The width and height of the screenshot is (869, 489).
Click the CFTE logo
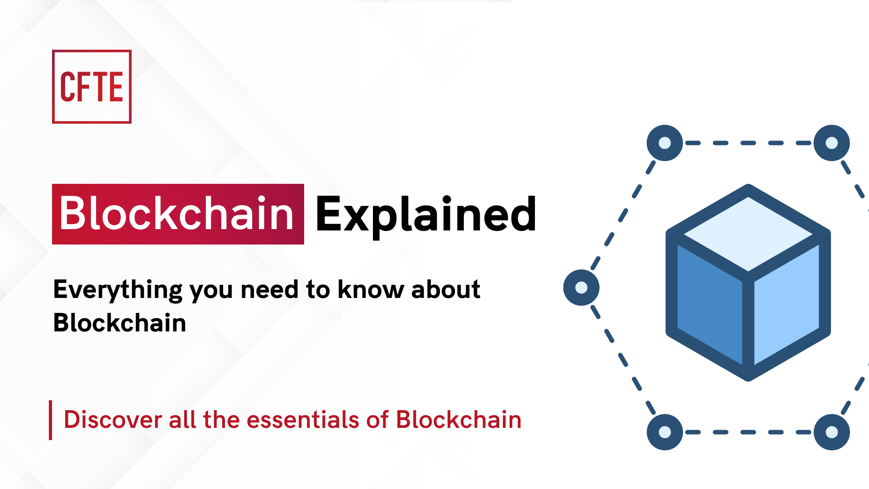click(x=92, y=86)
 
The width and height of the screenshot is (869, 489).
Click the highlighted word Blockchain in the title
click(x=177, y=214)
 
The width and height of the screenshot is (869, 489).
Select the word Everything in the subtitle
click(x=118, y=290)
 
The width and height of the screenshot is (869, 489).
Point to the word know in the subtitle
click(x=371, y=289)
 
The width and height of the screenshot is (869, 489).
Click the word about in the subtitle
click(x=445, y=289)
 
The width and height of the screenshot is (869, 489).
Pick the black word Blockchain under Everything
click(x=119, y=323)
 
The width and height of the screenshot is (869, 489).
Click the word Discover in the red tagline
click(x=113, y=419)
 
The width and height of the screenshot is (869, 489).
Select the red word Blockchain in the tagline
click(x=458, y=419)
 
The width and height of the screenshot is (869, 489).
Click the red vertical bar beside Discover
click(x=50, y=420)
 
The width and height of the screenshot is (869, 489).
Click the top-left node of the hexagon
click(x=665, y=143)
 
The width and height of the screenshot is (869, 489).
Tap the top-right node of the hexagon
click(x=832, y=143)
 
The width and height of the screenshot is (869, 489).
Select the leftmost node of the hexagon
click(x=582, y=288)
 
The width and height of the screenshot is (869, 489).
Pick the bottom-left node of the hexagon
click(x=665, y=432)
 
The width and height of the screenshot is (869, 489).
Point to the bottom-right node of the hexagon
click(x=832, y=432)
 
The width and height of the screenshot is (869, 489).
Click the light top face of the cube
click(x=748, y=235)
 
